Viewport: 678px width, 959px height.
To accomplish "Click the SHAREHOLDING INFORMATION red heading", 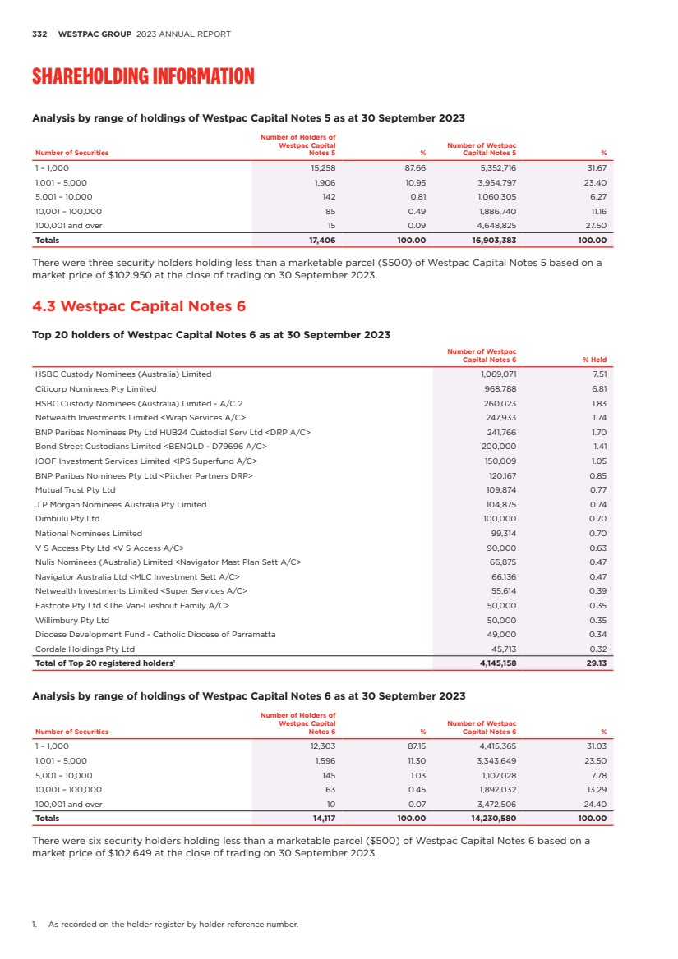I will pyautogui.click(x=143, y=77).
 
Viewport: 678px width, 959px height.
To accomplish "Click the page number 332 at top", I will pyautogui.click(x=38, y=34).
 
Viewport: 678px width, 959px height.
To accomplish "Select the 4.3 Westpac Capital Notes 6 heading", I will pyautogui.click(x=138, y=306).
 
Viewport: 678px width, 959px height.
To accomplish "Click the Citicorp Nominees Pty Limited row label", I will pyautogui.click(x=95, y=388).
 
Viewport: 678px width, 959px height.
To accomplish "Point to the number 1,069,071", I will pyautogui.click(x=497, y=374).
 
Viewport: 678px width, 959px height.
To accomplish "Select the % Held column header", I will pyautogui.click(x=593, y=360).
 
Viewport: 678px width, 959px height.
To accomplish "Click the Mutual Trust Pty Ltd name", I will pyautogui.click(x=75, y=489).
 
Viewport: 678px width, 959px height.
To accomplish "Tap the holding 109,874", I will pyautogui.click(x=500, y=489).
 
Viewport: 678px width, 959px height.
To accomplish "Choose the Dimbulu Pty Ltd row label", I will pyautogui.click(x=67, y=519).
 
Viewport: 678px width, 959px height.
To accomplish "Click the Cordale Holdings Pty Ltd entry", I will pyautogui.click(x=85, y=649).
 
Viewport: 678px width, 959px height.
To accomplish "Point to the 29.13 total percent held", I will pyautogui.click(x=596, y=663).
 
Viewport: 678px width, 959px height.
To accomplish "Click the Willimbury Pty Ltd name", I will pyautogui.click(x=72, y=620).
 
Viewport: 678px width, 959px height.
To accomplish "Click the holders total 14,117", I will pyautogui.click(x=322, y=819).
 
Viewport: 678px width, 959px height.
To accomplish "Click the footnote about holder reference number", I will pyautogui.click(x=173, y=925).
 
